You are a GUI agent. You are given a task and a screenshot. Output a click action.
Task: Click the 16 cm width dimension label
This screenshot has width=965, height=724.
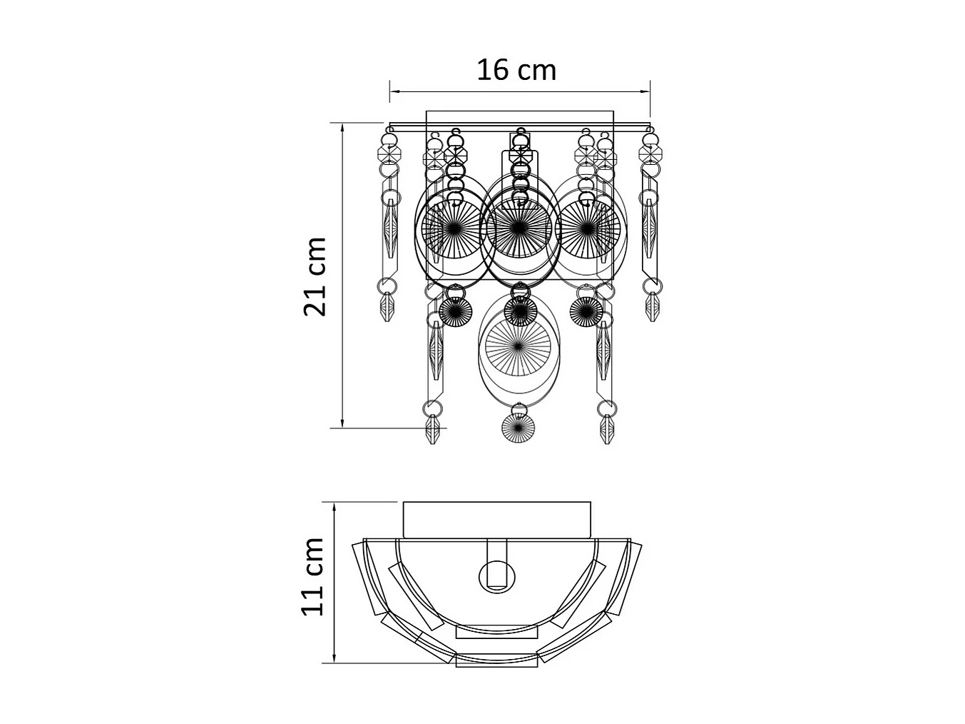pos(516,71)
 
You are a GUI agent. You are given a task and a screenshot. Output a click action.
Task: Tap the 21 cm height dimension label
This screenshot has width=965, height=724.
pos(315,276)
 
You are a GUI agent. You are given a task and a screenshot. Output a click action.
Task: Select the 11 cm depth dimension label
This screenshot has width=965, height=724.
pos(312,576)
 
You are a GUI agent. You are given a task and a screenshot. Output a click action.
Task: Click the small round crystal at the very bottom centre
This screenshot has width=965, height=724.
pos(518,427)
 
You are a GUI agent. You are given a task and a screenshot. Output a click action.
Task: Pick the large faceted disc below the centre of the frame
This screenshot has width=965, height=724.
pos(518,347)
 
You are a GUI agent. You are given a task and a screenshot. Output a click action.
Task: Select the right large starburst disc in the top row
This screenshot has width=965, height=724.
pos(587,228)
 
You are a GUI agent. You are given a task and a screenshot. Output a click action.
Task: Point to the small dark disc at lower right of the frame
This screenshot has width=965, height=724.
pos(586,311)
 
